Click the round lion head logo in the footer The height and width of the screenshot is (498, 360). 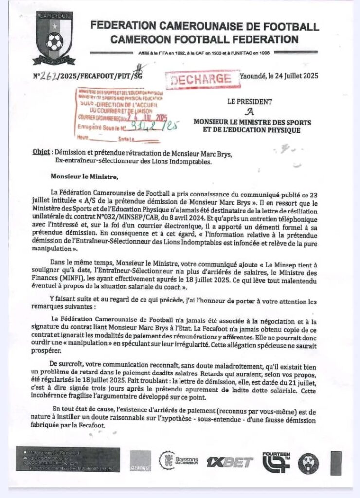point(308,462)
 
